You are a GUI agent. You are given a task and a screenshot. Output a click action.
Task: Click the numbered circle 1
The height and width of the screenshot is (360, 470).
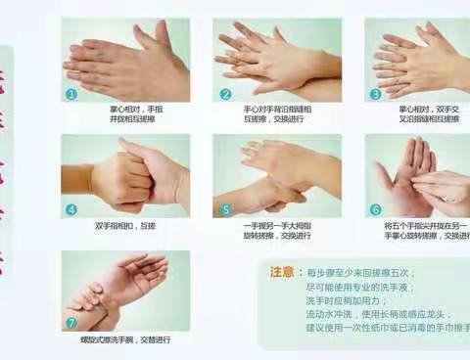[x=70, y=94]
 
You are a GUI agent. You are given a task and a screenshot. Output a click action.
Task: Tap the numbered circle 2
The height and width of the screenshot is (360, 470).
[x=224, y=94]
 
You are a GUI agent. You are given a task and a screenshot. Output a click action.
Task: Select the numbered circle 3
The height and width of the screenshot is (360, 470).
[x=375, y=94]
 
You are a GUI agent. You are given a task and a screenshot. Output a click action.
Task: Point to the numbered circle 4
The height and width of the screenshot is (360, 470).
[x=70, y=208]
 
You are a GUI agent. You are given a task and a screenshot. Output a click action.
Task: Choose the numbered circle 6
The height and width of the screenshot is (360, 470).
[x=375, y=208]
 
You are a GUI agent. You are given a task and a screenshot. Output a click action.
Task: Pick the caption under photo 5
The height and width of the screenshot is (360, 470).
[x=279, y=229]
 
